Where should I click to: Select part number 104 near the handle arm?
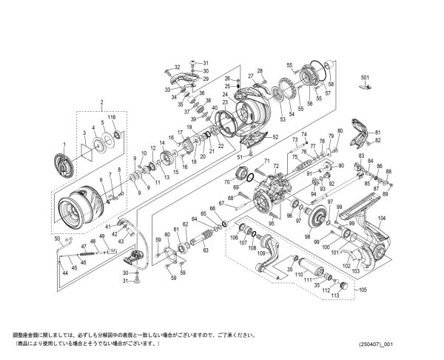point(382,219)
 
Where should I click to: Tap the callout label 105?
point(362,290)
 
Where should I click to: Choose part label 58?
point(331,84)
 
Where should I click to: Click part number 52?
point(275,137)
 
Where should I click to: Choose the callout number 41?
point(108,225)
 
